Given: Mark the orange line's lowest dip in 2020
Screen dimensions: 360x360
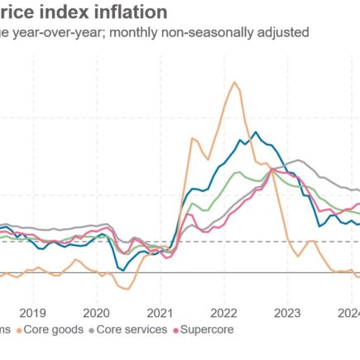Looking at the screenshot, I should (x=127, y=289).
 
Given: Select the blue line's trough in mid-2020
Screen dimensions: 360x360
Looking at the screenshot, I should (x=122, y=269).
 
